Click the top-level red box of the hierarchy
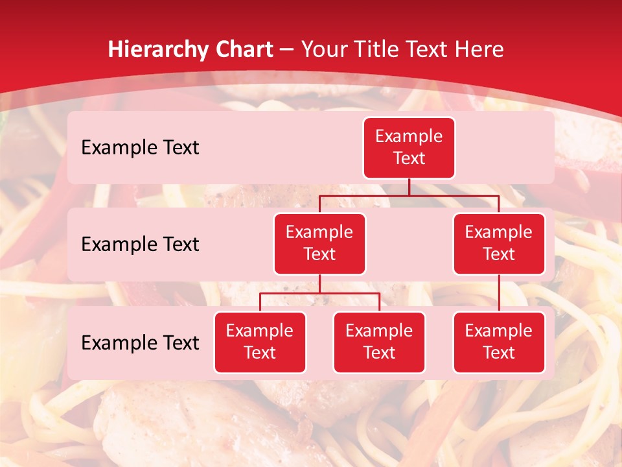pos(409,147)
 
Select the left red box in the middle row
pos(319,243)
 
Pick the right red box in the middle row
pos(499,243)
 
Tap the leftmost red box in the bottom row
pos(260,342)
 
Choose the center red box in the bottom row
pos(379,342)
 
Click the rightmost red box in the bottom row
pos(499,342)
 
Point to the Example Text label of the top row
pos(140,147)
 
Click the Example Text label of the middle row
pos(140,244)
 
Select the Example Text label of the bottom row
pos(140,342)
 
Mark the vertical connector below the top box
pos(409,187)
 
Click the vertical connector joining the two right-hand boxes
pos(499,293)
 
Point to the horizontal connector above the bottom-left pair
pos(319,293)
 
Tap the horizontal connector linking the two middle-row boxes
pos(409,195)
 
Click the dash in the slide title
pos(286,49)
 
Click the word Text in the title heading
pos(428,49)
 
